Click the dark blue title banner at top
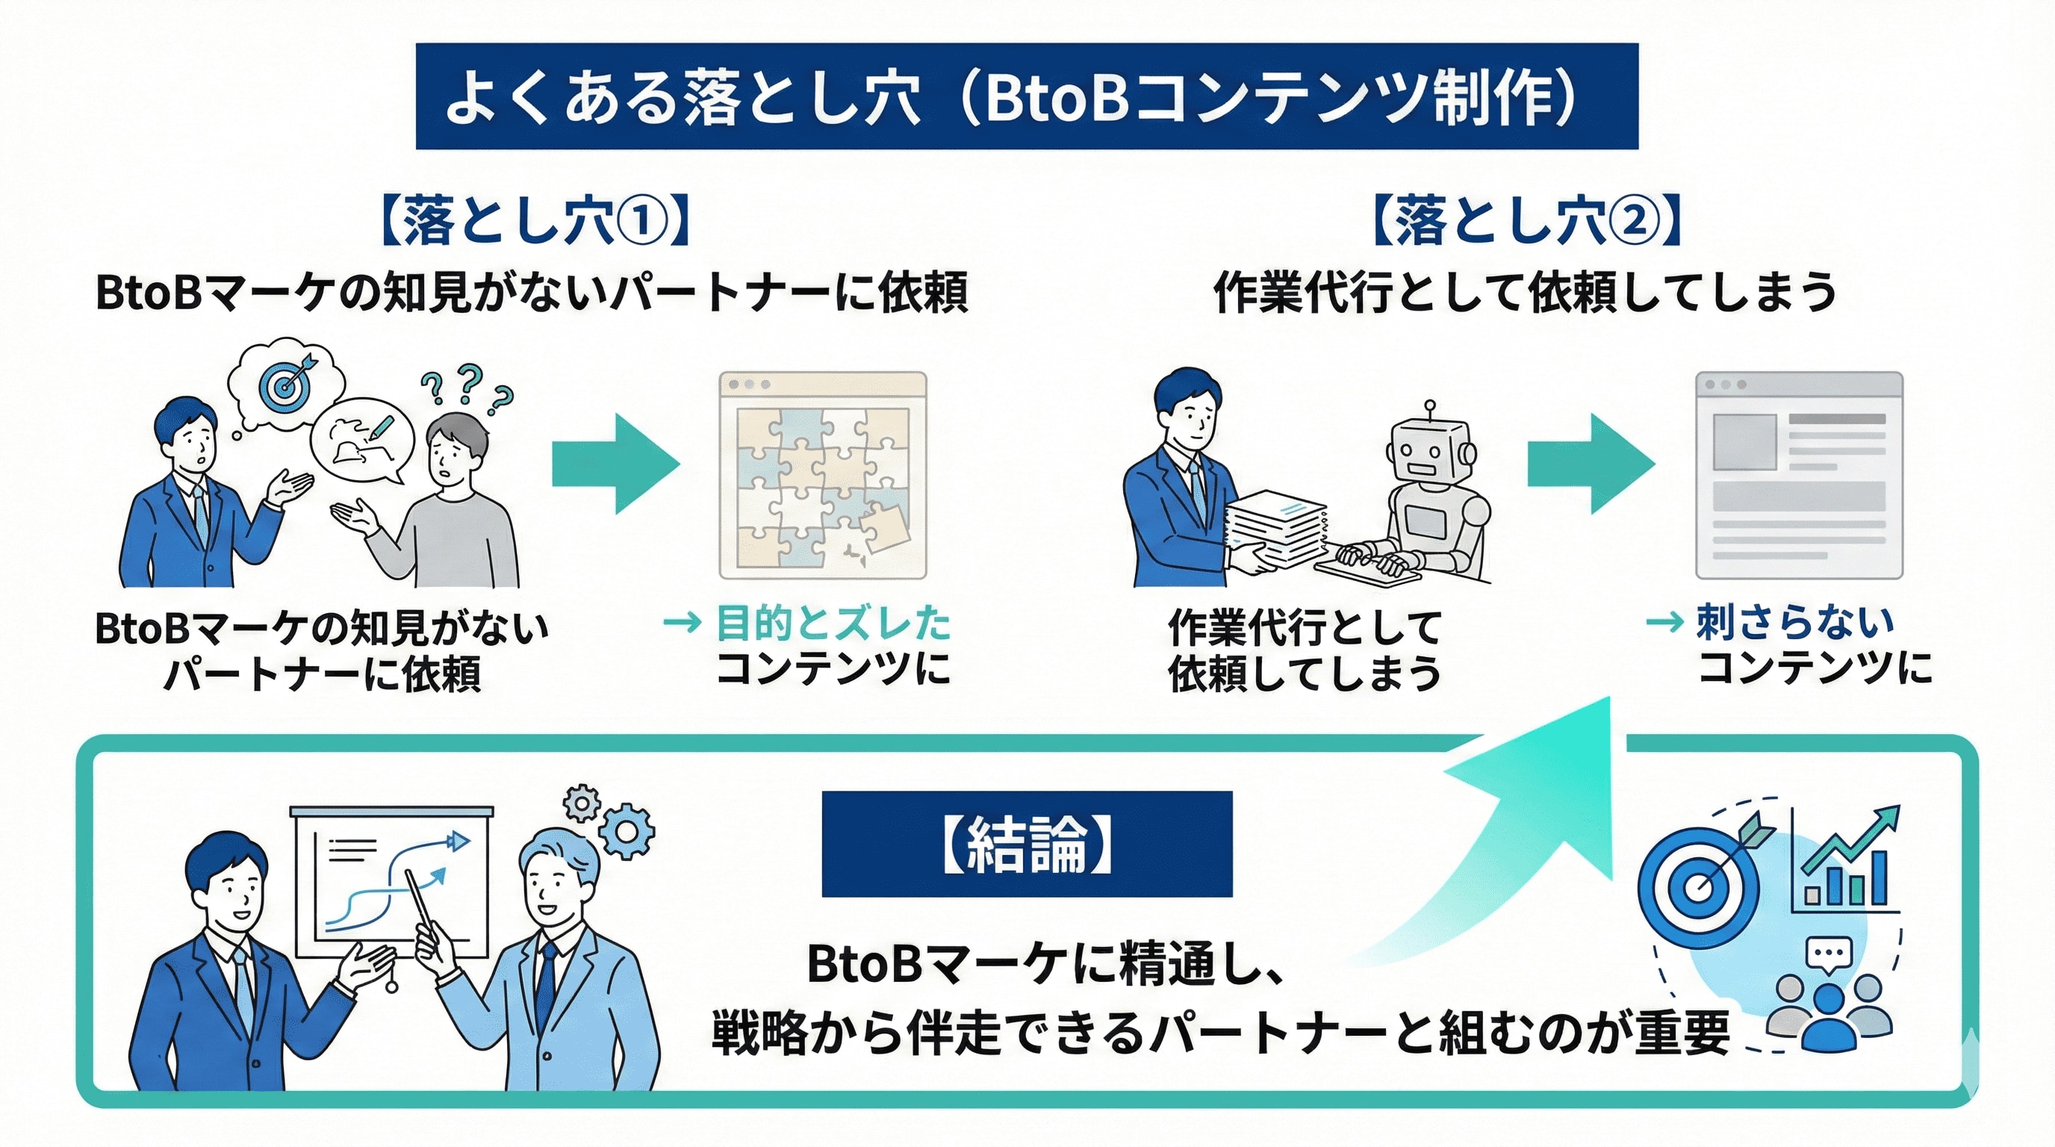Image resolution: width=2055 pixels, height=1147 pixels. coord(1027,96)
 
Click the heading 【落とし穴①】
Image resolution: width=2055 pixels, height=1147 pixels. coord(535,220)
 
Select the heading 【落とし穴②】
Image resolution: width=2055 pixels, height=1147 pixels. coord(1527,220)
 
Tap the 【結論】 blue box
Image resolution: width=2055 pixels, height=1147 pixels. coord(1027,844)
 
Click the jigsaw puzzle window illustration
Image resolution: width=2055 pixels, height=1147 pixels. coord(822,476)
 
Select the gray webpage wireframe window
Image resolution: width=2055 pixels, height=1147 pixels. coord(1799,476)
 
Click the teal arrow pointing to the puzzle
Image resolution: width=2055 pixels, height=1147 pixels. coord(615,464)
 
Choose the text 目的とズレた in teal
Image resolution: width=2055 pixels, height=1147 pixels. coord(833,623)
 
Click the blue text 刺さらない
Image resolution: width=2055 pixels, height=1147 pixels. coord(1795,622)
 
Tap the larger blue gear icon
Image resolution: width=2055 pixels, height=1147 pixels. coord(627,830)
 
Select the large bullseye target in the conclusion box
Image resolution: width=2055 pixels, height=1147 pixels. coord(1697,887)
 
